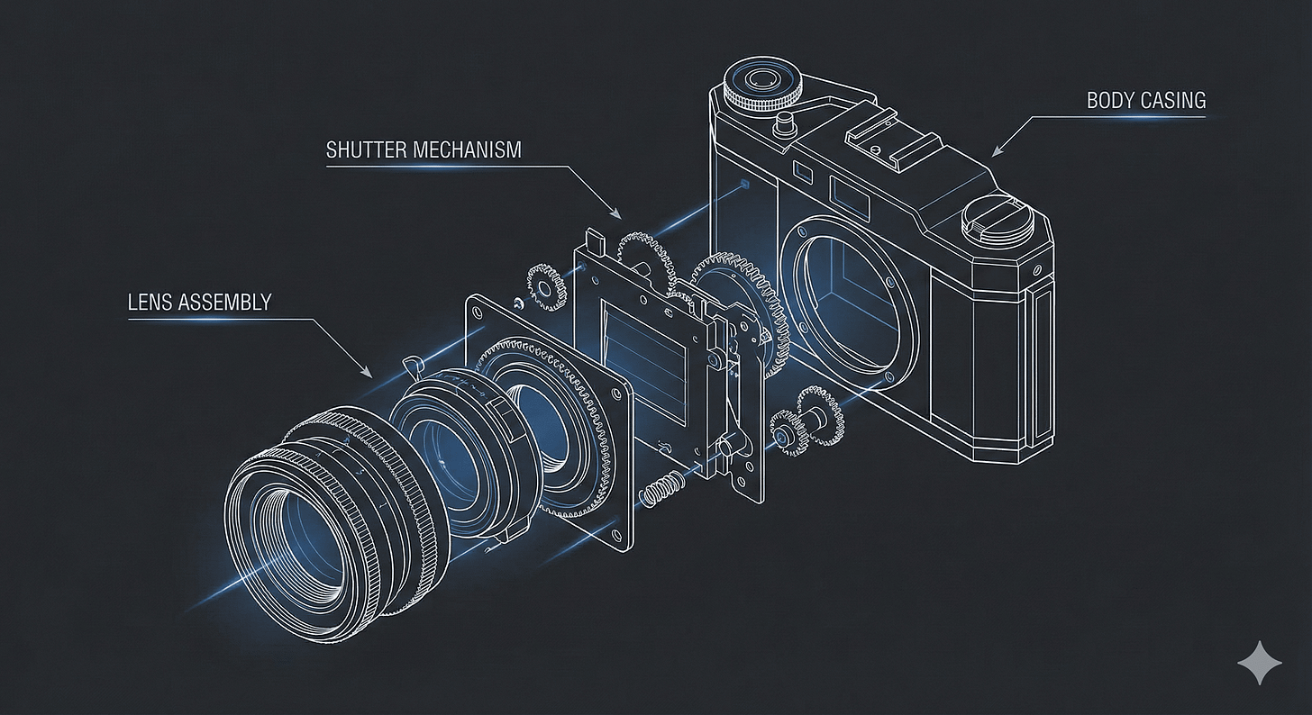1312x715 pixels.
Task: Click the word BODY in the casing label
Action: coord(1107,101)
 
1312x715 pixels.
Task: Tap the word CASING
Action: coord(1171,101)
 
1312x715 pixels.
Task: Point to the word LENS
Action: coord(149,302)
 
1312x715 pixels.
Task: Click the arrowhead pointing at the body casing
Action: coord(997,151)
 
